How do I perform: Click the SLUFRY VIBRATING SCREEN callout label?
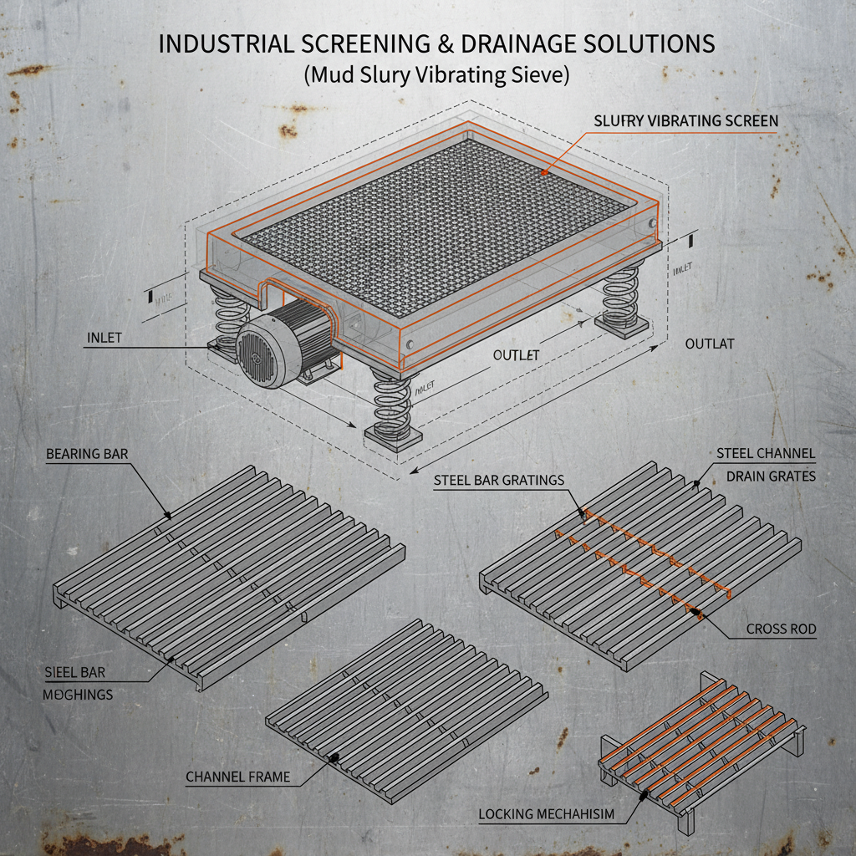tap(685, 121)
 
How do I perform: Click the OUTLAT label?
tap(710, 344)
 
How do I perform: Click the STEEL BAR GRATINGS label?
tap(499, 480)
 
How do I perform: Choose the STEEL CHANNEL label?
tap(766, 454)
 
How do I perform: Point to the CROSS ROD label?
tap(781, 629)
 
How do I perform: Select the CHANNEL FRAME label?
tap(237, 777)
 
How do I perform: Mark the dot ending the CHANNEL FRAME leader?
tap(334, 757)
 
